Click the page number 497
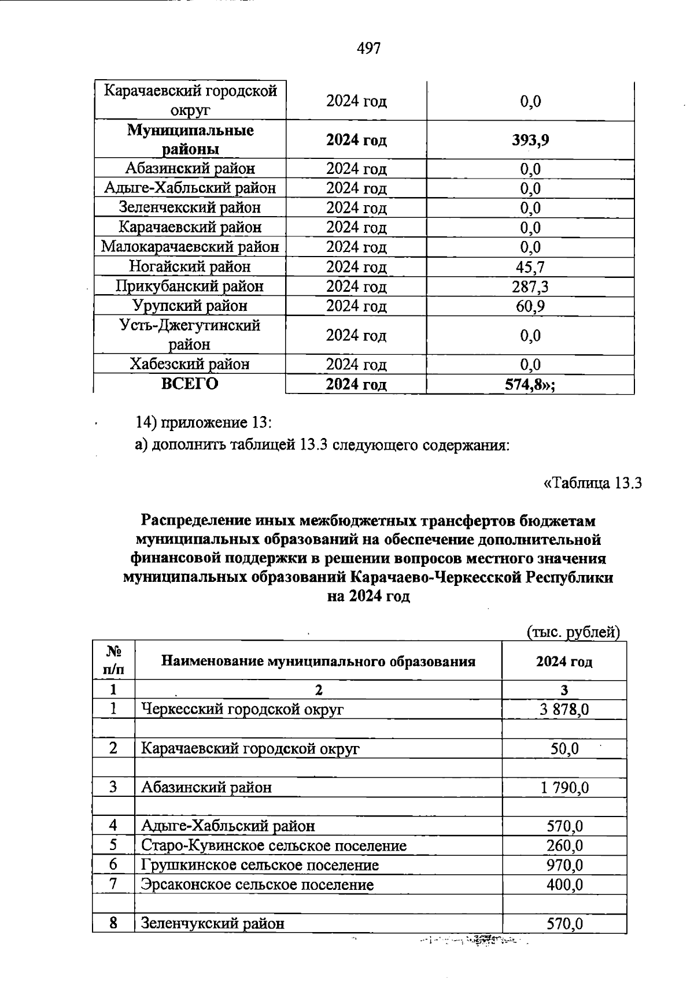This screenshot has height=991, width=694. (368, 49)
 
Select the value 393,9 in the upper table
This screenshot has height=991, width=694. (530, 140)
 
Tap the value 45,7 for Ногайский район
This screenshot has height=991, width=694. (530, 266)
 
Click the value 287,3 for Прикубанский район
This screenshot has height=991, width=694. (530, 286)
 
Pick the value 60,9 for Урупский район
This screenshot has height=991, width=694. (530, 306)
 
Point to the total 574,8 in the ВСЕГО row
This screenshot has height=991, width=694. (530, 384)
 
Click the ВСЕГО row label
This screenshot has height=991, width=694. (190, 384)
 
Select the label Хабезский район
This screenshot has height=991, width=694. (190, 364)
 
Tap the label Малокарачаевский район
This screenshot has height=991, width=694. (190, 247)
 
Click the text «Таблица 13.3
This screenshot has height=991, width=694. (593, 483)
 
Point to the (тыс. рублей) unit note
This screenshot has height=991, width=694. (573, 633)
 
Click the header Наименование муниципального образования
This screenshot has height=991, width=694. (318, 661)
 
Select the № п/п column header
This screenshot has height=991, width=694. (113, 660)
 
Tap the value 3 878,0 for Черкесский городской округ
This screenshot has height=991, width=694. (564, 709)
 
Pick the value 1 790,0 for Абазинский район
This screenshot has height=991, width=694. (564, 787)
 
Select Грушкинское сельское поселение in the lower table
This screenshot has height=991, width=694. (260, 865)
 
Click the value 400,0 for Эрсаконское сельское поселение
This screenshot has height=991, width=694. (564, 885)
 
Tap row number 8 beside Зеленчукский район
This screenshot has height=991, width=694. (113, 923)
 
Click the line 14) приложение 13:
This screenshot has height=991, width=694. (203, 422)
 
